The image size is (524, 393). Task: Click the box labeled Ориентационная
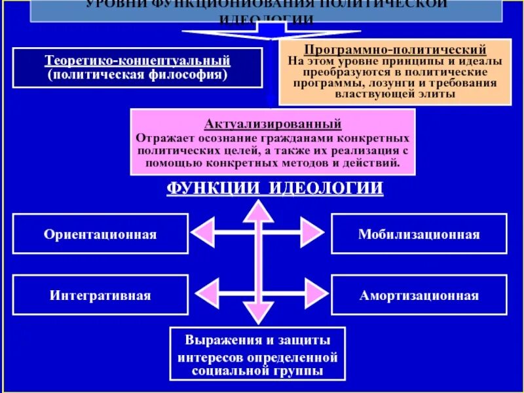(x=100, y=234)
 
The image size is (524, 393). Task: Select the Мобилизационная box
(x=419, y=234)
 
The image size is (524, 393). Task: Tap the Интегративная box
(x=100, y=295)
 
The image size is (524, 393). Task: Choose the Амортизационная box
(x=419, y=295)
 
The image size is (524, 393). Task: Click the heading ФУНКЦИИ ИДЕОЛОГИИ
(x=274, y=189)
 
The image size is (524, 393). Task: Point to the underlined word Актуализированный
(x=272, y=123)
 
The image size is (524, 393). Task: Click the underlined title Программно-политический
(x=395, y=49)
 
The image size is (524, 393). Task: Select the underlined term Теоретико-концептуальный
(x=138, y=60)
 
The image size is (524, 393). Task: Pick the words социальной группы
(x=257, y=371)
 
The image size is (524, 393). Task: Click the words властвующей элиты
(x=395, y=94)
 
